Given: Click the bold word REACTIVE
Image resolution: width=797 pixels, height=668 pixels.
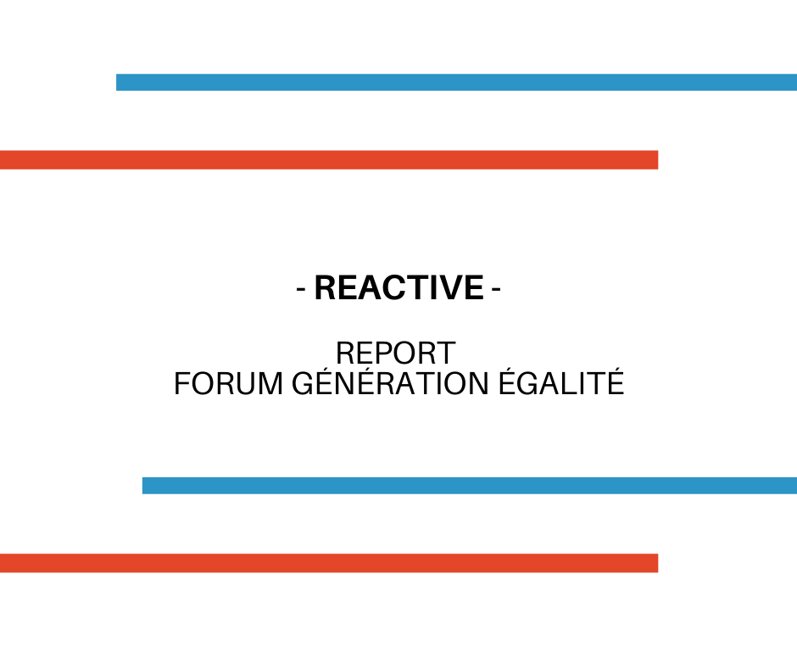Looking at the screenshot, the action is click(399, 287).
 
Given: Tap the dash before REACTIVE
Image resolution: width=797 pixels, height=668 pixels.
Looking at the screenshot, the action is click(301, 290).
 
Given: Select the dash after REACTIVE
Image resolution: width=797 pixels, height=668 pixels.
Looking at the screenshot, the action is click(496, 290).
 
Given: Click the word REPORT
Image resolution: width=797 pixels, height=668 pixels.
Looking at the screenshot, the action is click(395, 353).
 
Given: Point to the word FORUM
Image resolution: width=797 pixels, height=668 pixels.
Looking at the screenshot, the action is click(228, 383).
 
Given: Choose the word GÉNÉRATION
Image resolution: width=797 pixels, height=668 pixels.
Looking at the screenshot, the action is click(390, 381).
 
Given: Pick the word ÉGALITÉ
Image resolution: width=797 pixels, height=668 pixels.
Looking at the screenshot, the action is click(560, 381).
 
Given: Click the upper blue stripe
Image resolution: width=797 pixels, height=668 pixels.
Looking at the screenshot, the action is click(456, 82).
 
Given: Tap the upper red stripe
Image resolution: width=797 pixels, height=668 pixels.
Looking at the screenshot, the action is click(329, 159).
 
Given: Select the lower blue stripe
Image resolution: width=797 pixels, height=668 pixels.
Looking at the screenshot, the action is click(470, 486).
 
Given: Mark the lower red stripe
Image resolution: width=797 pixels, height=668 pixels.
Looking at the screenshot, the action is click(329, 563).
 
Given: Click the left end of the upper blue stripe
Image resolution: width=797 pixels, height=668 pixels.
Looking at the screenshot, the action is click(117, 82).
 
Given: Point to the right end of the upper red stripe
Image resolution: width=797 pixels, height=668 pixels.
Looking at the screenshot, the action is click(658, 159).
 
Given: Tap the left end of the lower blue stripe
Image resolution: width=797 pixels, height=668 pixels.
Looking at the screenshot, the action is click(142, 486).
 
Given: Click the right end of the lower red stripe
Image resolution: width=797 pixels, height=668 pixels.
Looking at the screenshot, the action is click(658, 563).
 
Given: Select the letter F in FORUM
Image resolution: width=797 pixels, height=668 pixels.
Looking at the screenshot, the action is click(181, 383).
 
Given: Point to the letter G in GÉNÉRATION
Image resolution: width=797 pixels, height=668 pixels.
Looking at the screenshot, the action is click(303, 383).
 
